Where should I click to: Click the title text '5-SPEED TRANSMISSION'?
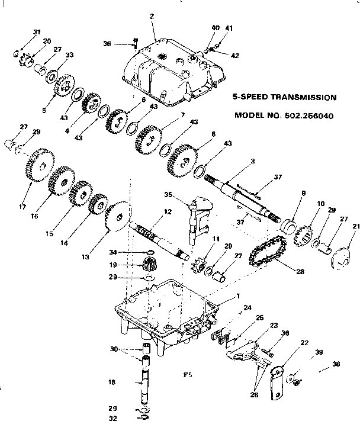click(x=285, y=97)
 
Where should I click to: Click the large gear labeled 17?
click(x=40, y=164)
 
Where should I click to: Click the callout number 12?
click(x=168, y=211)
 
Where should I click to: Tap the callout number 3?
click(x=253, y=161)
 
